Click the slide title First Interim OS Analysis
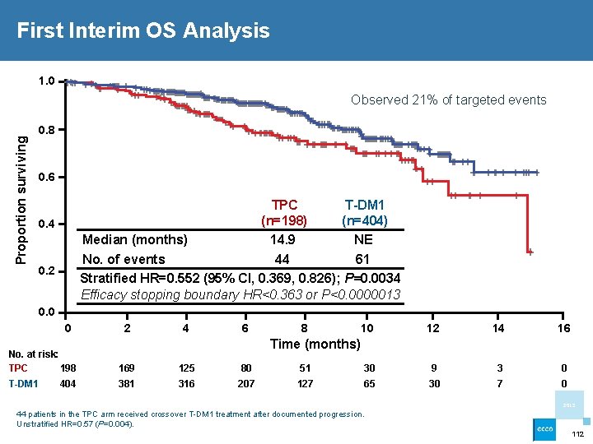(143, 31)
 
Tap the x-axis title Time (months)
(315, 344)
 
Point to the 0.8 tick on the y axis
(46, 130)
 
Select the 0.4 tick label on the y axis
(46, 224)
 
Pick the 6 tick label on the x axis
(245, 328)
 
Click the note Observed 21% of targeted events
(448, 100)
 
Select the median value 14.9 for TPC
(282, 239)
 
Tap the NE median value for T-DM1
(363, 239)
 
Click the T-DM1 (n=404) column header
(365, 212)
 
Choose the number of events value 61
(363, 260)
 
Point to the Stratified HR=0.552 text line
(240, 277)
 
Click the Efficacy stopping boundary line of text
(241, 294)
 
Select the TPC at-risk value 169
(127, 368)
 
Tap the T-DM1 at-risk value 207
(245, 383)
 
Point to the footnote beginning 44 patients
(189, 414)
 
